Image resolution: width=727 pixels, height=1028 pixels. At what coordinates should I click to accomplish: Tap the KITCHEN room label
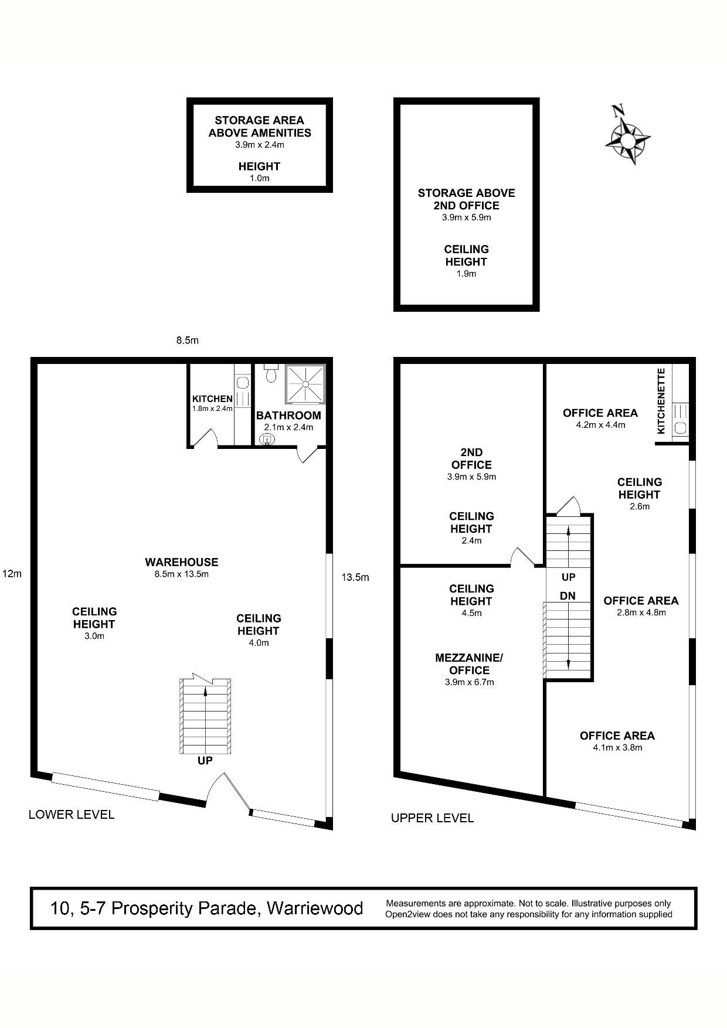pyautogui.click(x=212, y=399)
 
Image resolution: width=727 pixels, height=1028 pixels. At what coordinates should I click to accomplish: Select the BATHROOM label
pyautogui.click(x=288, y=416)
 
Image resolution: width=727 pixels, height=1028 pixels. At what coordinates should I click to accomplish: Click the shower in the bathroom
pyautogui.click(x=305, y=384)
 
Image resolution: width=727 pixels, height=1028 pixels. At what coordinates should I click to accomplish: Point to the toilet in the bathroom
pyautogui.click(x=270, y=373)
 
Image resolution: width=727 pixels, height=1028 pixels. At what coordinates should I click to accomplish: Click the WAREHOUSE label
pyautogui.click(x=182, y=562)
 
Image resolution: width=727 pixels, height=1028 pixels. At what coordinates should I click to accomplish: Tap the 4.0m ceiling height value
pyautogui.click(x=259, y=643)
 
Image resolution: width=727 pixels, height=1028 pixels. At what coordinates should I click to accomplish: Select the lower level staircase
pyautogui.click(x=205, y=716)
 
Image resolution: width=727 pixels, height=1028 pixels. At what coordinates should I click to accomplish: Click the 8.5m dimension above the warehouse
pyautogui.click(x=188, y=340)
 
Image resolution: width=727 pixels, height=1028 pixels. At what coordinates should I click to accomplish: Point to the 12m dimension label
pyautogui.click(x=12, y=574)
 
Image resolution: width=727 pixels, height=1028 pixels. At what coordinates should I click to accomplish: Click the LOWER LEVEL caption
pyautogui.click(x=72, y=814)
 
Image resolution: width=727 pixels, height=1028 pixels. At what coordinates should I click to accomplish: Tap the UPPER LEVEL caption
pyautogui.click(x=432, y=818)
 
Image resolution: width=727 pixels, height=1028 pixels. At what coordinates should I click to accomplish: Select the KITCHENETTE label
pyautogui.click(x=661, y=401)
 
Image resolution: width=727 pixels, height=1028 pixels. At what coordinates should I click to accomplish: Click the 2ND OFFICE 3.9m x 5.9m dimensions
pyautogui.click(x=471, y=477)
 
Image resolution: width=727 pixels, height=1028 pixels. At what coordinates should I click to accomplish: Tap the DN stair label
pyautogui.click(x=568, y=596)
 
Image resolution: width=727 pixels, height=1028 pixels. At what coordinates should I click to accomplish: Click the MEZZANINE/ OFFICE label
pyautogui.click(x=469, y=664)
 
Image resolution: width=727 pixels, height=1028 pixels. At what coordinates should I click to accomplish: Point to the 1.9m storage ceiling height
pyautogui.click(x=466, y=274)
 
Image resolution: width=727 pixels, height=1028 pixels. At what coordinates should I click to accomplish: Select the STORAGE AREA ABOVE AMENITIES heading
pyautogui.click(x=260, y=127)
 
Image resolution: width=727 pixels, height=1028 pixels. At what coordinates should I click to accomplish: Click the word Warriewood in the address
pyautogui.click(x=315, y=908)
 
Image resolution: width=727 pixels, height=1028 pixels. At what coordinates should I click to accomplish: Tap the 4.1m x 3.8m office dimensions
pyautogui.click(x=617, y=748)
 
